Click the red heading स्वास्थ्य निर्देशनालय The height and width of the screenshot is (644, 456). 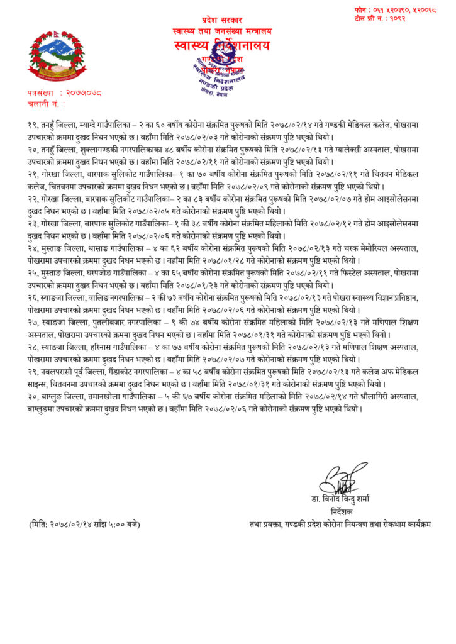222,45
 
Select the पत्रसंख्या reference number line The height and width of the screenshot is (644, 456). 64,92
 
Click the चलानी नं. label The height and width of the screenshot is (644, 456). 45,102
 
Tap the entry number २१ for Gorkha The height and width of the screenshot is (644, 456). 34,170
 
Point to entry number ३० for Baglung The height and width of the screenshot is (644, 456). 34,397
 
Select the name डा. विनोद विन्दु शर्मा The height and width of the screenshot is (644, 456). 344,500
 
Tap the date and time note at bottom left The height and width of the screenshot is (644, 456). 84,523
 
